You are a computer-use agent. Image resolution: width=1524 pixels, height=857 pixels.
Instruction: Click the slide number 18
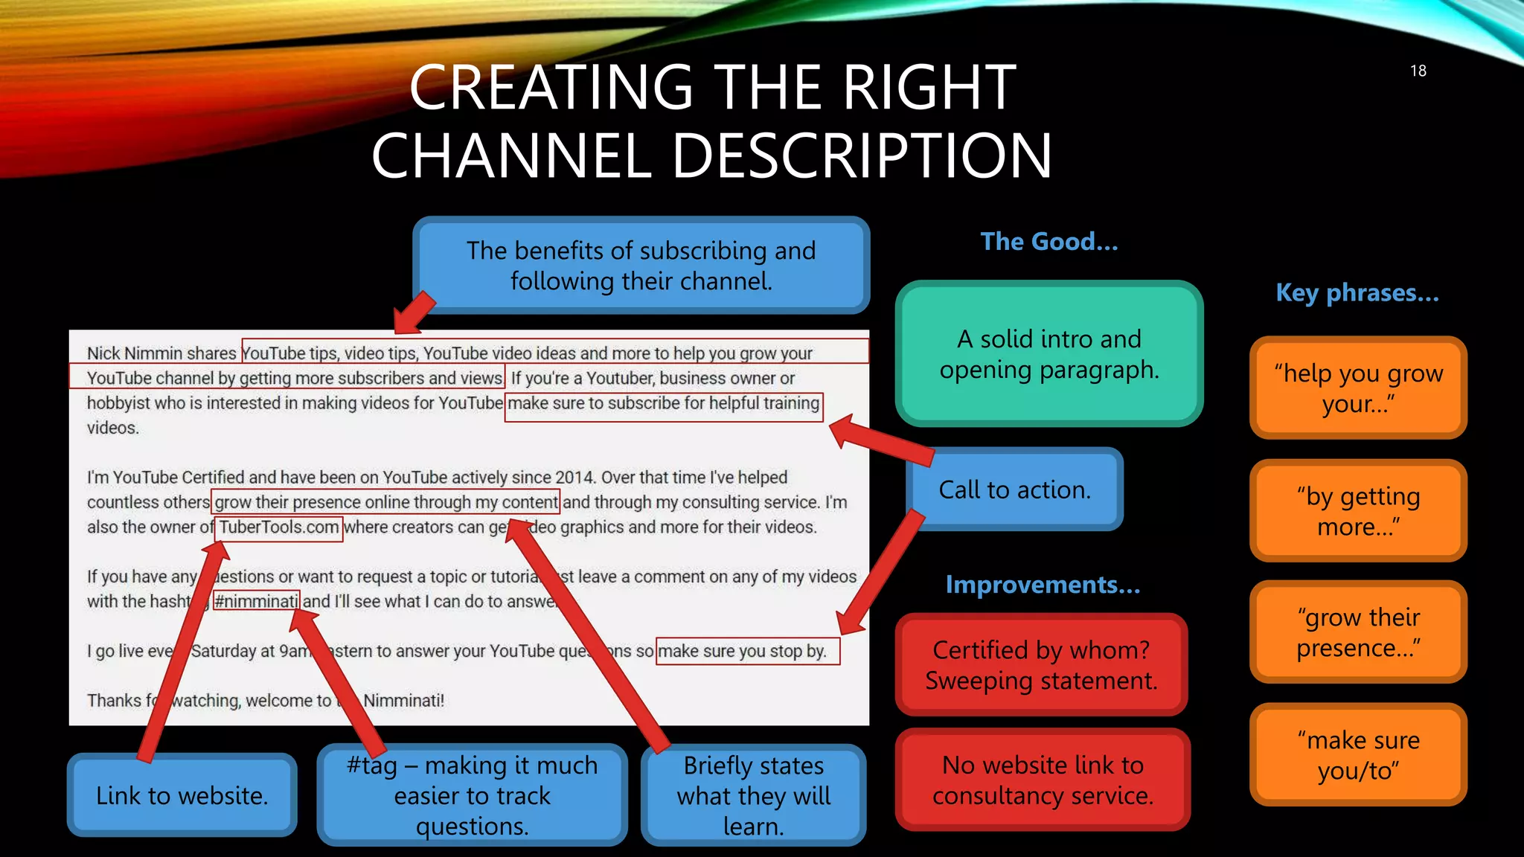point(1418,71)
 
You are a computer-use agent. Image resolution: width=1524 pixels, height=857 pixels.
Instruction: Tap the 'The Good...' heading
point(1048,242)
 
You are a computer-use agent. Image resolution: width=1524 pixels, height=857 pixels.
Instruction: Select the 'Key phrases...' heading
point(1357,293)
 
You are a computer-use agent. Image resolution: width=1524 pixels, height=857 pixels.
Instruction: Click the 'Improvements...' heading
point(1042,585)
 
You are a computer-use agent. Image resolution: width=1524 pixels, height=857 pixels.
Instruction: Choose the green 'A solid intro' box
point(1048,354)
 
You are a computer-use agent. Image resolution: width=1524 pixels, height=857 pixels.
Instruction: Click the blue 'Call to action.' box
point(1014,490)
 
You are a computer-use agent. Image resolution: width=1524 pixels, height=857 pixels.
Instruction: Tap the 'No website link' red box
point(1042,780)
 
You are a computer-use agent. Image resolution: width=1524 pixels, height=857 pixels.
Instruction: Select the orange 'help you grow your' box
point(1357,388)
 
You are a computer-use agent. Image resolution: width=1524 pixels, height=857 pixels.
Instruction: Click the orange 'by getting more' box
point(1357,510)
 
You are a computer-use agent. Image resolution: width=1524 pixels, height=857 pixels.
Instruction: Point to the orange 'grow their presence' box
point(1357,632)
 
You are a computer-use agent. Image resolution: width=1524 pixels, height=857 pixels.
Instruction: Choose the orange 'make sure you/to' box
point(1357,754)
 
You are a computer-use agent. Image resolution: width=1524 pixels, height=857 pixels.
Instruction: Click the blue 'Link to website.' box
point(182,795)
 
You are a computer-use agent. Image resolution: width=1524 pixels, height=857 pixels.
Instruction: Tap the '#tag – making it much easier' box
point(472,795)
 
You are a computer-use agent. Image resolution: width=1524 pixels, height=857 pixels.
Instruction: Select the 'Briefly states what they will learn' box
point(753,795)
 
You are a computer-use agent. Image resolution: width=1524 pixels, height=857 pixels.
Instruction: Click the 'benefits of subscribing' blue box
point(641,266)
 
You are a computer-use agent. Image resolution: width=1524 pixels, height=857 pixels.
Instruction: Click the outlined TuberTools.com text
point(279,527)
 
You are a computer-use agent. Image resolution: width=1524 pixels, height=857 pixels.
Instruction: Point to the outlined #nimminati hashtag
point(256,601)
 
